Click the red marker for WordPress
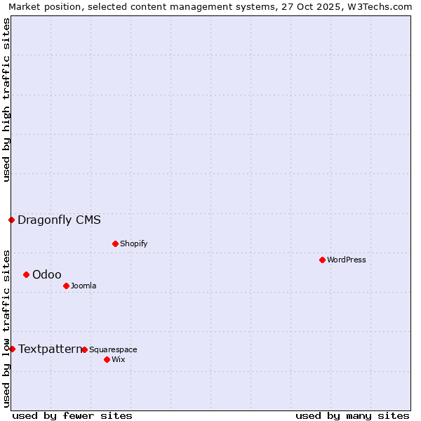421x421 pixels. tap(322, 260)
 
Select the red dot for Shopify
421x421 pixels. tap(115, 243)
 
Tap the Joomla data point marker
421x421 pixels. tap(66, 286)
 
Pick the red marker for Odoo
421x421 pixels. tap(26, 274)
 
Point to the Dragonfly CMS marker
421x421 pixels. tap(11, 220)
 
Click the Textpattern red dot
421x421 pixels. tap(12, 349)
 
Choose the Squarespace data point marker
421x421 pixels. tap(84, 349)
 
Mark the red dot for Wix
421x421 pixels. tap(107, 359)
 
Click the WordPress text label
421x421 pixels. tap(347, 260)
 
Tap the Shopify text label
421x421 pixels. tap(133, 243)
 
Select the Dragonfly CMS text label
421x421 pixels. tap(59, 220)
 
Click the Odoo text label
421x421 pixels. tap(47, 274)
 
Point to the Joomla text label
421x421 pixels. tap(83, 286)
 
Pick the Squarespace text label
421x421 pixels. tap(113, 349)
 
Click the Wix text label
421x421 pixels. tap(118, 359)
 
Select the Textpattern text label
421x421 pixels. tap(50, 349)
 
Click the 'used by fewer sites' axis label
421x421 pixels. tap(72, 415)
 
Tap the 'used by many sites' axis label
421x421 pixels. tap(352, 415)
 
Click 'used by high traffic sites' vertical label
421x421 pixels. tap(6, 100)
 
